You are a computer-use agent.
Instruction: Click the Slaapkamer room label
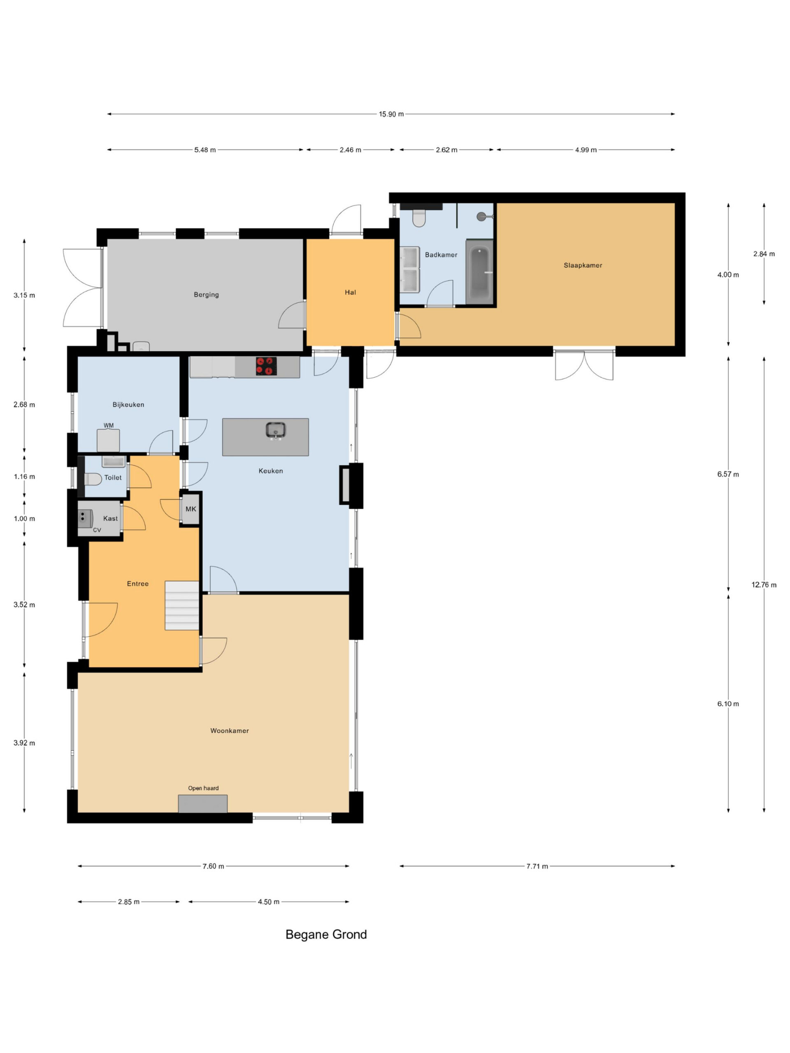(582, 265)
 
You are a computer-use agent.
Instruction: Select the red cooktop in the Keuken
(266, 366)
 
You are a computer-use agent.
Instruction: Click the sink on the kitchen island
(275, 430)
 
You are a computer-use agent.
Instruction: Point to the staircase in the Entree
(182, 605)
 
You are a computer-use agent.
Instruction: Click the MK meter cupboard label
(191, 509)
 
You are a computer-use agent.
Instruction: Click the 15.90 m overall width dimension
(391, 114)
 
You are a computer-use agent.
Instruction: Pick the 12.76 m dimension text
(764, 584)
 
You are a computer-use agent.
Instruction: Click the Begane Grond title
(326, 935)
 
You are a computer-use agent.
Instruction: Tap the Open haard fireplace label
(203, 788)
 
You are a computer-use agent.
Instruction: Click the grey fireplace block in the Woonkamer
(203, 804)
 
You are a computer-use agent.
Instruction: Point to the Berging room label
(206, 295)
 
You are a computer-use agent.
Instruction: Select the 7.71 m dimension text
(537, 866)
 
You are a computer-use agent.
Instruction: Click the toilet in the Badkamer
(419, 218)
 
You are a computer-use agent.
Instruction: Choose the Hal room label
(351, 292)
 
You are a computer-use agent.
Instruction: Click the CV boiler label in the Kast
(97, 530)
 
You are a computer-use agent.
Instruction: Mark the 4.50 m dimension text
(269, 902)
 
